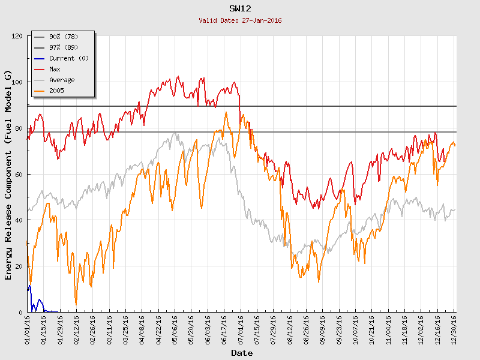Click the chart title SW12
(x=240, y=8)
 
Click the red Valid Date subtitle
(x=240, y=20)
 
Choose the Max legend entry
(x=55, y=69)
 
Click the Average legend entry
(x=62, y=80)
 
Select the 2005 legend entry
(x=56, y=91)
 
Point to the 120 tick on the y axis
(x=16, y=37)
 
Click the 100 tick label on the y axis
(x=16, y=82)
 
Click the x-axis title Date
(x=242, y=353)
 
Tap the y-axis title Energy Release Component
(x=8, y=174)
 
